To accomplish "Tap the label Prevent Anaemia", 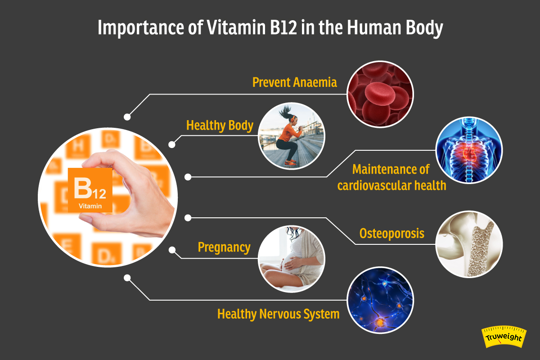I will coord(294,83).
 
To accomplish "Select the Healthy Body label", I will coord(220,126).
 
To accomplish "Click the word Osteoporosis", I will coord(392,234).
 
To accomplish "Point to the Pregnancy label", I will coord(224,247).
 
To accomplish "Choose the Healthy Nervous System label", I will coord(278,314).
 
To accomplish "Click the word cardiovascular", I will coord(373,185).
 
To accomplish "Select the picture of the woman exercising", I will coord(291,136).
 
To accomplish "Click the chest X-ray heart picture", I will coord(469,150).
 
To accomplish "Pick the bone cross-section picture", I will coord(469,244).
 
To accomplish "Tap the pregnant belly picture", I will coord(291,259).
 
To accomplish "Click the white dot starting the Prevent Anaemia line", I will coord(127,117).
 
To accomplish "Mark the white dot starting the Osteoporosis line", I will coord(189,218).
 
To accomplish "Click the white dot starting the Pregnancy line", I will coord(171,250).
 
